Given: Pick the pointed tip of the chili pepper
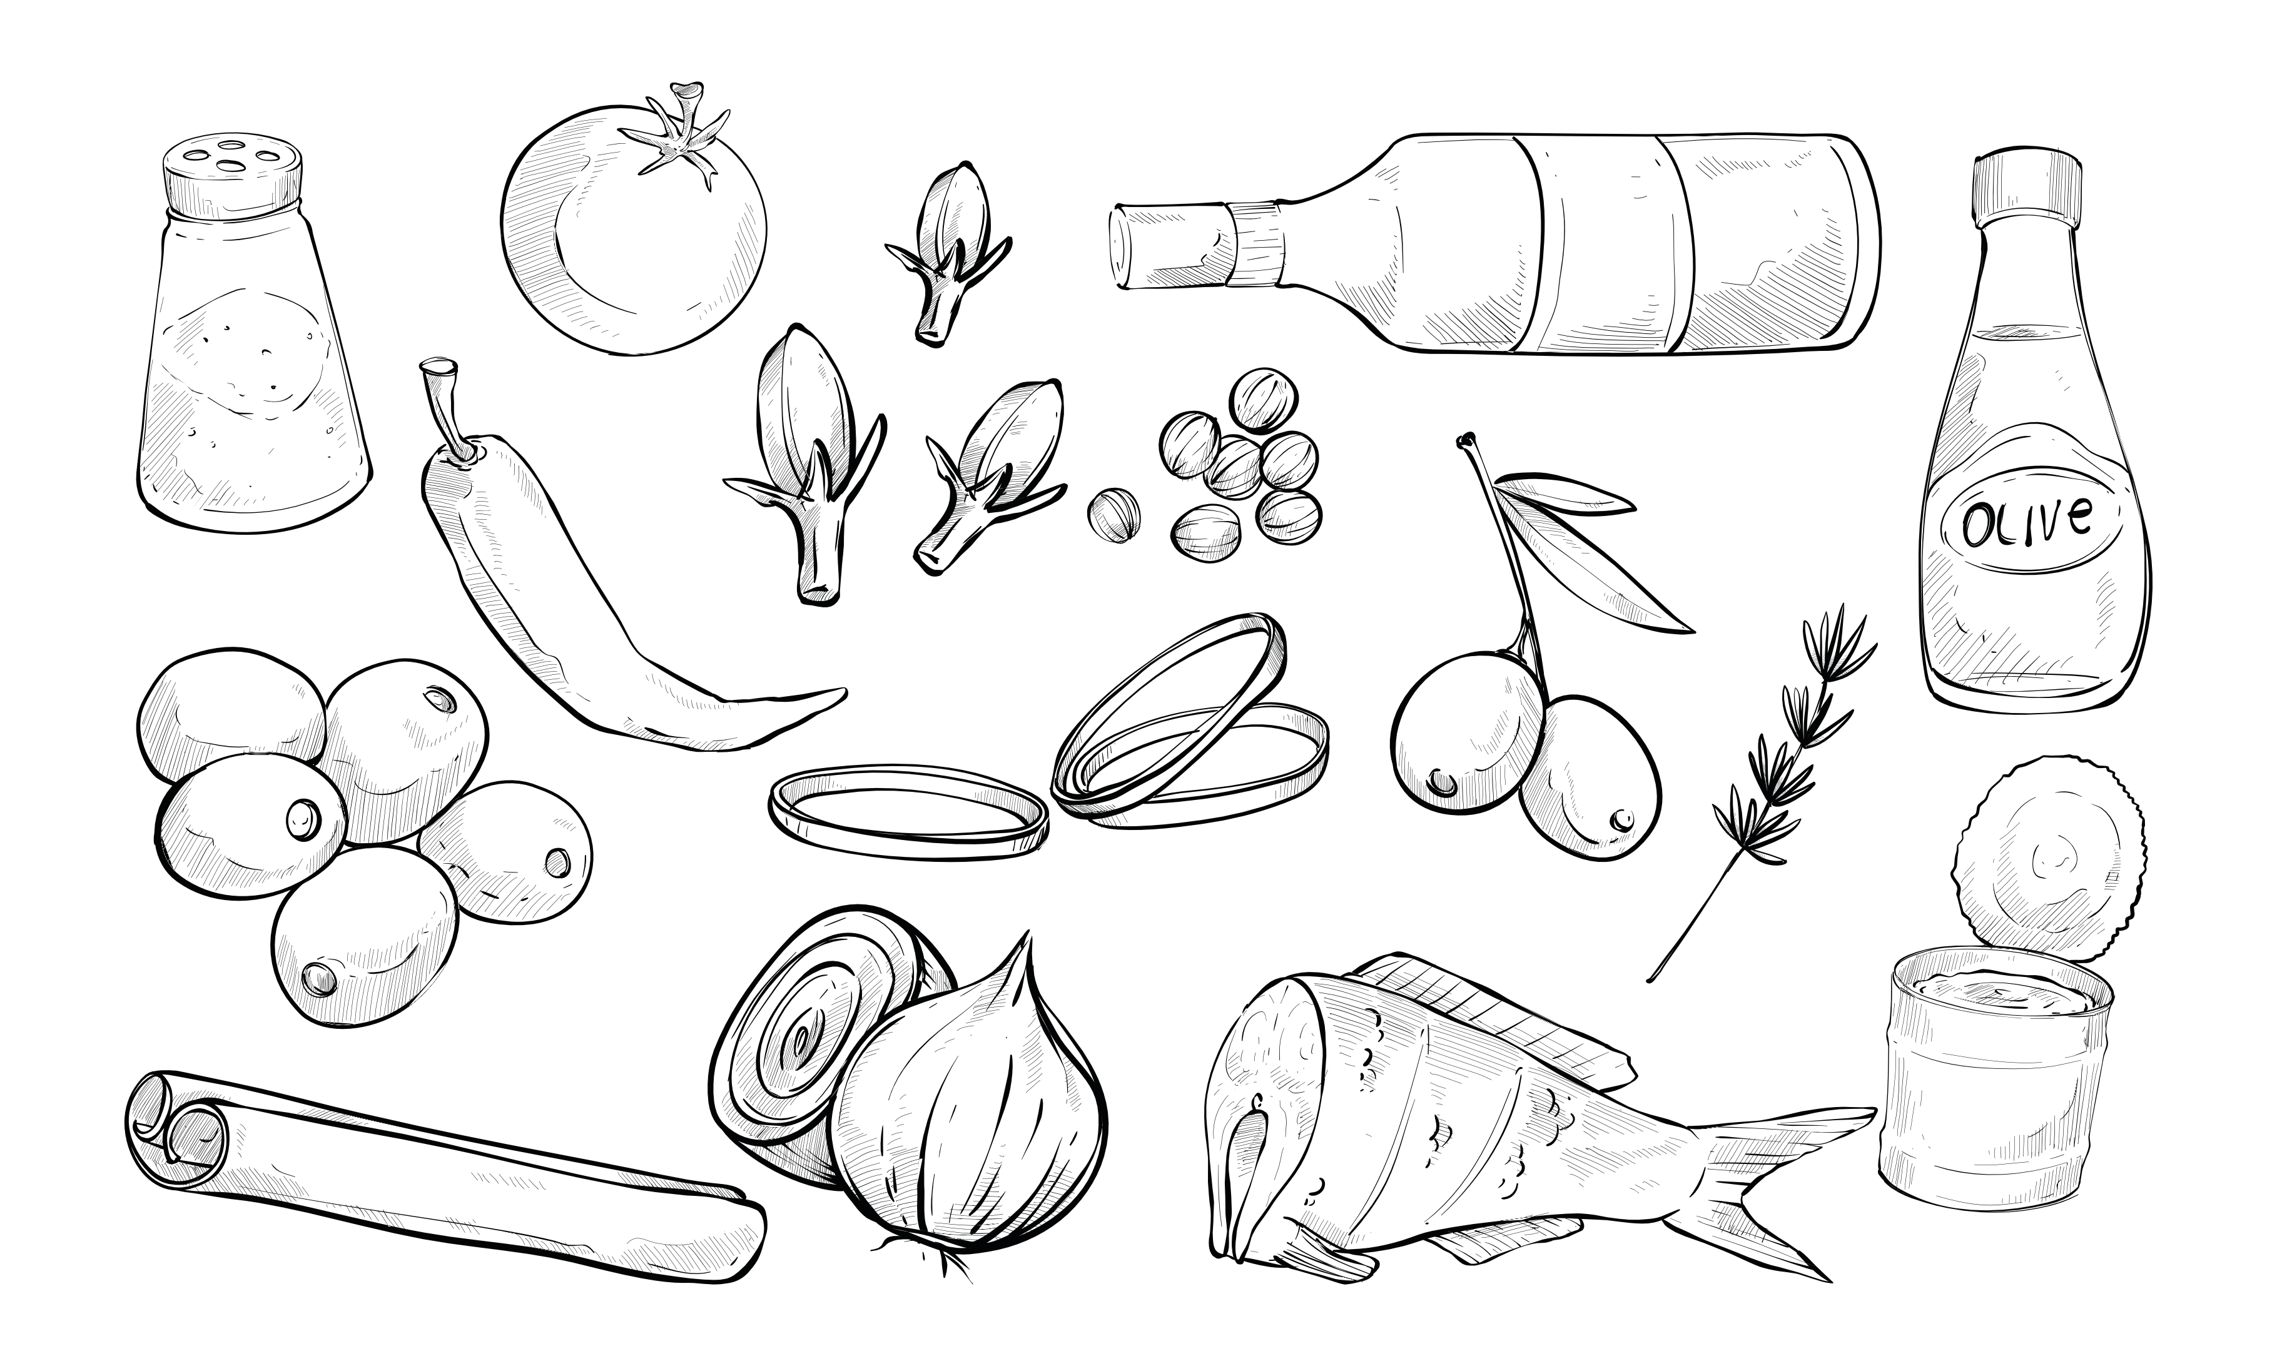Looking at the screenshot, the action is [838, 692].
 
